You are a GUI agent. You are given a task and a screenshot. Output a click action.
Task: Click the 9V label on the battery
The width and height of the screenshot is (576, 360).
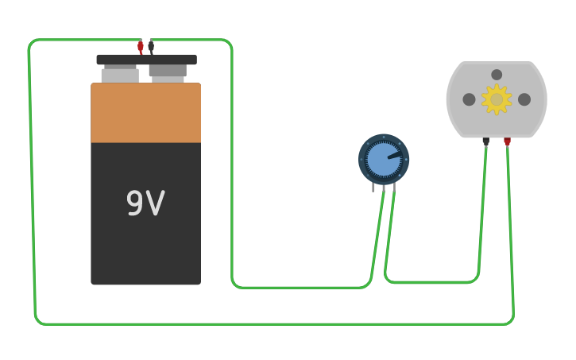[145, 203]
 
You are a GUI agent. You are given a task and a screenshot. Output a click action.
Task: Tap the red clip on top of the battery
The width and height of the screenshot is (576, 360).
[141, 47]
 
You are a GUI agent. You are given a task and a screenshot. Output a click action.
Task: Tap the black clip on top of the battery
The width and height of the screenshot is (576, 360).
[151, 46]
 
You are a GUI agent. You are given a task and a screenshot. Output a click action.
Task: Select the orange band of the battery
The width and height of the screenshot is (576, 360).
[145, 113]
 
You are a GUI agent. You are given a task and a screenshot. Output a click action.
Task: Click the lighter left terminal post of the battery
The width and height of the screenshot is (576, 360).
[120, 75]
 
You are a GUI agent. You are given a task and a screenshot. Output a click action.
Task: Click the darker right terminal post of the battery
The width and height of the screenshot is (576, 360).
[168, 72]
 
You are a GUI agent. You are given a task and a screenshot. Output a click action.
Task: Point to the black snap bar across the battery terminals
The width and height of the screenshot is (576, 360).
[146, 60]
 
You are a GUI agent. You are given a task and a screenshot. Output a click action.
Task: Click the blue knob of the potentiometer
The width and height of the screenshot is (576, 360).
[383, 159]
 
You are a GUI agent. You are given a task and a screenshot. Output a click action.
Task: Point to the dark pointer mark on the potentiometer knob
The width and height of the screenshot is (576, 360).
[394, 155]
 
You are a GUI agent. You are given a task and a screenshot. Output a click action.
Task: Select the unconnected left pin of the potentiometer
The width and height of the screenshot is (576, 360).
[373, 188]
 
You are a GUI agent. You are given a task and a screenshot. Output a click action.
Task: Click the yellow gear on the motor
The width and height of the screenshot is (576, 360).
[497, 99]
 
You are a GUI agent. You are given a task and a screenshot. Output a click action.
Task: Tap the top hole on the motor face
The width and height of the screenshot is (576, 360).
[497, 75]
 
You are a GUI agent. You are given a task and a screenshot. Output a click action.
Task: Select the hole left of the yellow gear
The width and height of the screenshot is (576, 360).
[470, 99]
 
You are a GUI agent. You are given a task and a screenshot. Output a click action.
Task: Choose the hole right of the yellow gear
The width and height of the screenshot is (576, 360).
[524, 99]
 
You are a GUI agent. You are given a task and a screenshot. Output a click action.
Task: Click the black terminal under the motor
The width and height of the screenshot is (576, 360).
[486, 141]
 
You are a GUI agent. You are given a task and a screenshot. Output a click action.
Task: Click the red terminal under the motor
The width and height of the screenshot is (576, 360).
[507, 142]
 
